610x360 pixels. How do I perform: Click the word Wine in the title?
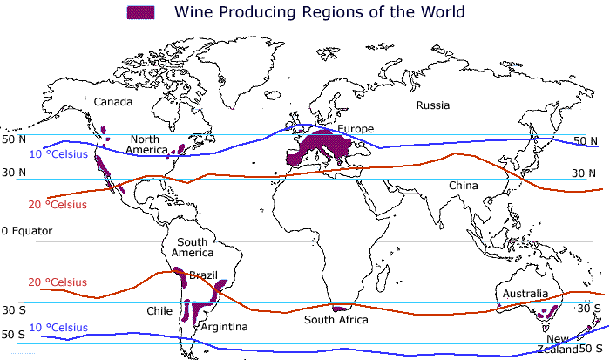(194, 12)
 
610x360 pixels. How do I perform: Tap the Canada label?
(113, 102)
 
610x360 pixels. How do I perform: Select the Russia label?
(433, 105)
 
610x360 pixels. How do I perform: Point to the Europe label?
(356, 129)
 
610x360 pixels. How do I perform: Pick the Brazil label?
(203, 275)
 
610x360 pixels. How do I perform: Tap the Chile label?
(159, 310)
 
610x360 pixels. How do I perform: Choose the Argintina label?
(225, 327)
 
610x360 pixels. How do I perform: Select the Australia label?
(525, 294)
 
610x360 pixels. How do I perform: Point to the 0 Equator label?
(27, 231)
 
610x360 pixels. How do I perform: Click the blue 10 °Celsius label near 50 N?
(58, 154)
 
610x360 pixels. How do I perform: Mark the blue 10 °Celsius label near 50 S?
(58, 328)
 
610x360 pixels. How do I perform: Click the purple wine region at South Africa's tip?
(341, 308)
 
